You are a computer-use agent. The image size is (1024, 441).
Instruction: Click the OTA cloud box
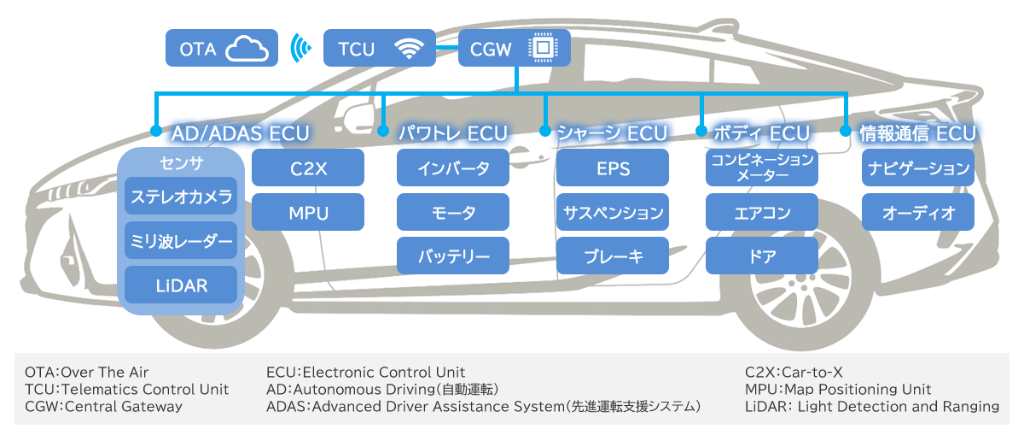[x=222, y=48]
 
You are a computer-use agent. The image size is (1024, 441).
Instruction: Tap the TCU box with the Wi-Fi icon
[x=380, y=48]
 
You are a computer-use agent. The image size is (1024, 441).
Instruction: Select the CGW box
[x=515, y=48]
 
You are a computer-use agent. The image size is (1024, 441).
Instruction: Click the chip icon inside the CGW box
[x=543, y=48]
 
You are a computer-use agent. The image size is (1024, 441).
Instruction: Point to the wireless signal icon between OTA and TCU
[x=300, y=48]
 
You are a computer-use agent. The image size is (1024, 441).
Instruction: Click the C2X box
[x=308, y=168]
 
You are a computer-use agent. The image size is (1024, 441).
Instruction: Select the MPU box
[x=308, y=212]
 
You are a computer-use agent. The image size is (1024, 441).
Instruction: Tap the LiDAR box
[x=181, y=285]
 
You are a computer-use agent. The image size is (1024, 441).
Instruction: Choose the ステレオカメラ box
[x=181, y=196]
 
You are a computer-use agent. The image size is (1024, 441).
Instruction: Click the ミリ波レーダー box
[x=181, y=240]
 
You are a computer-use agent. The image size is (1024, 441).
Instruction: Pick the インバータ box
[x=453, y=168]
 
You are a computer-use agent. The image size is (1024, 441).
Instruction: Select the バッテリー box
[x=453, y=256]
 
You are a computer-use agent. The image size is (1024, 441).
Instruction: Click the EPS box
[x=613, y=168]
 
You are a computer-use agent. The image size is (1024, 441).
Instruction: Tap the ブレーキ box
[x=613, y=256]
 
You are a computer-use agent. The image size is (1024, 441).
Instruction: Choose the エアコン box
[x=762, y=212]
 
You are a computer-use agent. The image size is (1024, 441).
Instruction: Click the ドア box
[x=762, y=256]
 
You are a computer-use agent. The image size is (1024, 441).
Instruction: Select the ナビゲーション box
[x=918, y=168]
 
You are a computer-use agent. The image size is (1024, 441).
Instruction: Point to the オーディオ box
[x=918, y=212]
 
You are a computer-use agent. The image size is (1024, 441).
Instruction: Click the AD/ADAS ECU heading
[x=241, y=133]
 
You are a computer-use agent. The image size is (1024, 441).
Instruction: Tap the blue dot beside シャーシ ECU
[x=545, y=131]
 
